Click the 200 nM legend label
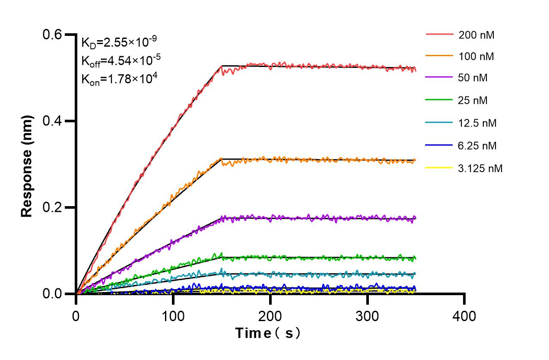pyautogui.click(x=476, y=35)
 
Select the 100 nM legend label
pyautogui.click(x=476, y=56)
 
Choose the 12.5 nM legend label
pyautogui.click(x=478, y=123)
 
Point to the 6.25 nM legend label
pyautogui.click(x=478, y=146)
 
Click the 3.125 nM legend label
pyautogui.click(x=480, y=168)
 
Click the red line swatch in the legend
pyautogui.click(x=439, y=34)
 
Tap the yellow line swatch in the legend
pyautogui.click(x=439, y=167)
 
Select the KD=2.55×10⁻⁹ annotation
pyautogui.click(x=119, y=42)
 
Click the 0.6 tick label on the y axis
pyautogui.click(x=54, y=35)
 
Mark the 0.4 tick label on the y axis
pyautogui.click(x=54, y=121)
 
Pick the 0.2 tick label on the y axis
pyautogui.click(x=54, y=207)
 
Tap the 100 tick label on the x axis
pyautogui.click(x=173, y=316)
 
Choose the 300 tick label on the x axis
pyautogui.click(x=367, y=316)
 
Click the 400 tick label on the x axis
pyautogui.click(x=464, y=316)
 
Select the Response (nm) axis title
pyautogui.click(x=27, y=166)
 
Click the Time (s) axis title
pyautogui.click(x=267, y=333)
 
